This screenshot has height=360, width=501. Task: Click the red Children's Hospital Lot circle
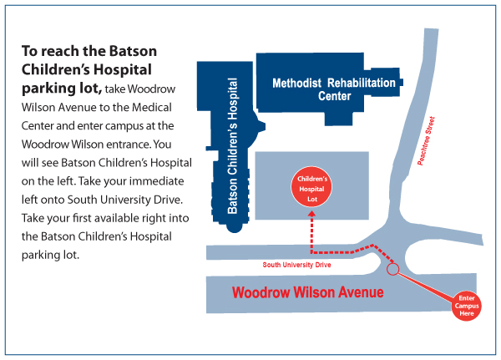coord(311,187)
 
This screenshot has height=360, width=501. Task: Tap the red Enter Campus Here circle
coord(466,306)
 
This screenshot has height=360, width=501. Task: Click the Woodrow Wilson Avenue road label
coord(307,292)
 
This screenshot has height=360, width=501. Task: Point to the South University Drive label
coord(296,265)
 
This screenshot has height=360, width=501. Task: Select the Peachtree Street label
coord(426,141)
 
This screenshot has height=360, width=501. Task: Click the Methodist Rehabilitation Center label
coord(334,89)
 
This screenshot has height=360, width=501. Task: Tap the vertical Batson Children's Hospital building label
coord(233,146)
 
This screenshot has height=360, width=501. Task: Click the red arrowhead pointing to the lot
coord(311,213)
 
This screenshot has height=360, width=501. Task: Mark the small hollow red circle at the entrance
coord(392,269)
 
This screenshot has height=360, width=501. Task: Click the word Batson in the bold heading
coord(133,51)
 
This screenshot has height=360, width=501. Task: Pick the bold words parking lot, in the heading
coord(62,89)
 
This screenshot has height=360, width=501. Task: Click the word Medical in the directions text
coord(152,107)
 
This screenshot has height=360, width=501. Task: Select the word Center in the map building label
coord(334,96)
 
